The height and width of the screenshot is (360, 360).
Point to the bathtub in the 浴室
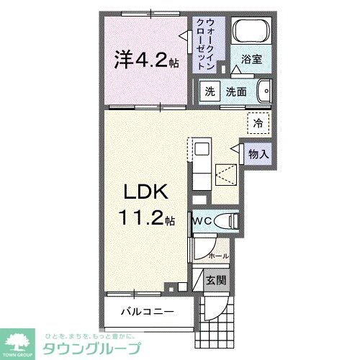coord(252,32)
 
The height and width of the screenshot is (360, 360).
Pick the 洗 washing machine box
coord(210,92)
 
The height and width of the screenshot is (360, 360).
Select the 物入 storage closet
coord(258,153)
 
